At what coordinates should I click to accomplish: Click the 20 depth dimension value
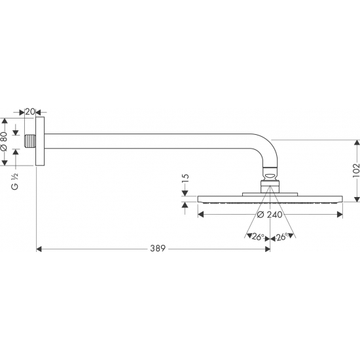point(30,111)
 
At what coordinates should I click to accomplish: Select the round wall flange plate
point(41,142)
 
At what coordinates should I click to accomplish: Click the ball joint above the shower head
point(268,175)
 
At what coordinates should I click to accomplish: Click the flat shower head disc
point(268,199)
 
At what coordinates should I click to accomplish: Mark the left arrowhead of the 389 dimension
point(39,249)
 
